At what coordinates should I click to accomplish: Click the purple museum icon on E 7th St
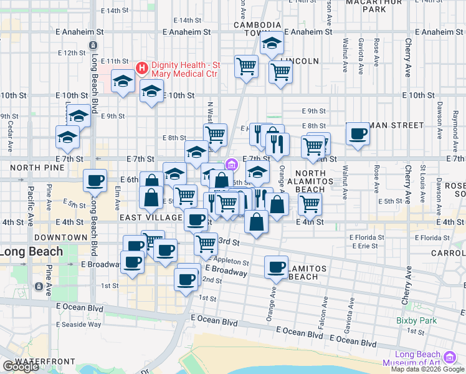click(x=232, y=165)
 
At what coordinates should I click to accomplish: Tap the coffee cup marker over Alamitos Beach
click(x=276, y=266)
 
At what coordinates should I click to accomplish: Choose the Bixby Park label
click(x=413, y=321)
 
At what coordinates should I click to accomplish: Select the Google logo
click(x=21, y=367)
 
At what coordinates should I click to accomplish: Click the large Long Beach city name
click(x=31, y=252)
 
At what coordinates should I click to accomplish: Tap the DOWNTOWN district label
click(x=60, y=237)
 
